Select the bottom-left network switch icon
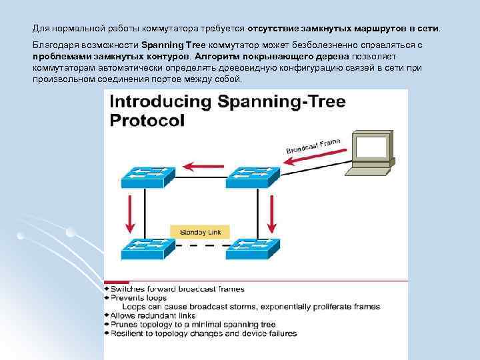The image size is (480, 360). point(147,249)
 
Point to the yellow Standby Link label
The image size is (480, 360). point(200,231)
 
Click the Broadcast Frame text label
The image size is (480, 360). point(313,145)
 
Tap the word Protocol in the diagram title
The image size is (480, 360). point(146,120)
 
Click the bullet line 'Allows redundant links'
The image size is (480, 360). point(153,315)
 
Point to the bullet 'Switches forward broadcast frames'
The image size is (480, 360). point(177,289)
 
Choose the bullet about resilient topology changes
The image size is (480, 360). point(203,333)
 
